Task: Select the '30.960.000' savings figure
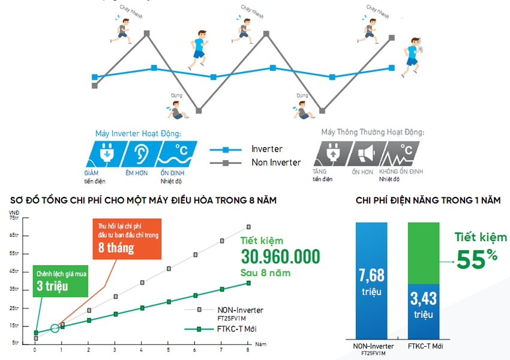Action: (x=280, y=257)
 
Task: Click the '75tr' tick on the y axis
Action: (x=14, y=218)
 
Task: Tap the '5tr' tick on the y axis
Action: (x=16, y=342)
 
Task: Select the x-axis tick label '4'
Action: (x=142, y=350)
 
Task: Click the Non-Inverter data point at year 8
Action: (x=248, y=227)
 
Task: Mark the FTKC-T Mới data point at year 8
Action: (x=248, y=283)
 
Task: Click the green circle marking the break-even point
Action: (x=55, y=328)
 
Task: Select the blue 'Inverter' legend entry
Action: (x=266, y=149)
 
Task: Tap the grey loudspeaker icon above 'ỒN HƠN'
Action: (x=366, y=155)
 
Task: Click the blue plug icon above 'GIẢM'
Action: (x=106, y=155)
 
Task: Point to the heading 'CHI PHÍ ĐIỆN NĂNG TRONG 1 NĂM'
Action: (x=428, y=200)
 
